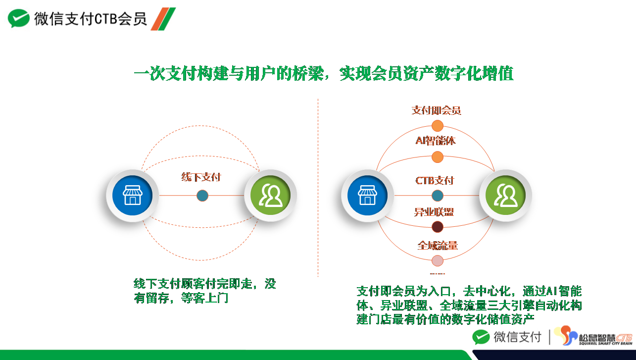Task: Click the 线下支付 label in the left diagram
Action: [201, 177]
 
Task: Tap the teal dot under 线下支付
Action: [202, 196]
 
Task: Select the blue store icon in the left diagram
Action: [132, 196]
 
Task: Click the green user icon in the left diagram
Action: [270, 196]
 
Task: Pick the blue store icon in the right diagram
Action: [367, 196]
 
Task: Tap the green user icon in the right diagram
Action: [505, 196]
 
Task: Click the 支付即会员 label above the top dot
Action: [437, 110]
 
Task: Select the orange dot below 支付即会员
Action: [437, 126]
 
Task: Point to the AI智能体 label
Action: [436, 141]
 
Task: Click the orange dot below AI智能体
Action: [437, 157]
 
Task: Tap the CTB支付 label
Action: [435, 180]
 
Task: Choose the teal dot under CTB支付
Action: [437, 196]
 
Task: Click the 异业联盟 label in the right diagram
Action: [434, 212]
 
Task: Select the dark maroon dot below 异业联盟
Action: [437, 227]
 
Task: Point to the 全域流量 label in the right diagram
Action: [438, 246]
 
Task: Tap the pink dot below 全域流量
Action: [437, 261]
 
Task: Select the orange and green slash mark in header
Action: [163, 19]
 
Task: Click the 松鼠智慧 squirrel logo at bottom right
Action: [593, 336]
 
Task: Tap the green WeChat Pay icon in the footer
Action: [481, 337]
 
